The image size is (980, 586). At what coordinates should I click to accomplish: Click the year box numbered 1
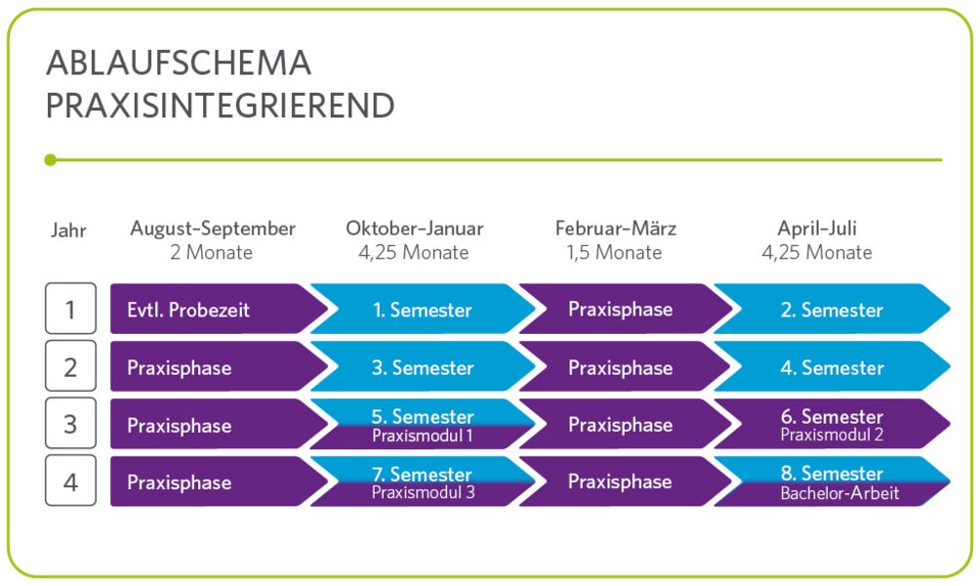(x=70, y=310)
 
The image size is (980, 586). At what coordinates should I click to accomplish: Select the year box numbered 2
(x=70, y=367)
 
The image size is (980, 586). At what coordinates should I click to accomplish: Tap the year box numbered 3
(x=70, y=424)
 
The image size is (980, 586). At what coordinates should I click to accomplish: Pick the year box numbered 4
(x=70, y=481)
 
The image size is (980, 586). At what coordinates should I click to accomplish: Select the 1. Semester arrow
(x=423, y=310)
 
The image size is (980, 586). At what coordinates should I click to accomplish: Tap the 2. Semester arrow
(x=831, y=310)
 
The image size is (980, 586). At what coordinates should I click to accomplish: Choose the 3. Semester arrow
(x=423, y=367)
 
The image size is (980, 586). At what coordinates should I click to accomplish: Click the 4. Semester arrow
(x=831, y=367)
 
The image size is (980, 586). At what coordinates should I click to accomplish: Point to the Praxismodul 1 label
(x=423, y=436)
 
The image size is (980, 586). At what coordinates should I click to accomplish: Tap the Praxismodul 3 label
(x=423, y=492)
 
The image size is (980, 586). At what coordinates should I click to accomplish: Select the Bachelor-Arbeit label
(x=839, y=493)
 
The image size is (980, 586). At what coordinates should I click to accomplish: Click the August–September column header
(x=213, y=229)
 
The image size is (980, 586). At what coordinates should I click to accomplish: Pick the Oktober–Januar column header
(x=414, y=229)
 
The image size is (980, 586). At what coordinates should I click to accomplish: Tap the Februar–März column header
(x=616, y=229)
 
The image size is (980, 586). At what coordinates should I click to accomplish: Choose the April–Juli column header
(x=817, y=229)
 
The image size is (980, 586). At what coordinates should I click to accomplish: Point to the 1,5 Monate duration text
(x=616, y=252)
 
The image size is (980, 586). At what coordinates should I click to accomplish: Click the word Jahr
(x=68, y=231)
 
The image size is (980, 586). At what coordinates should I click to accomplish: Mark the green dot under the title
(x=51, y=159)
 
